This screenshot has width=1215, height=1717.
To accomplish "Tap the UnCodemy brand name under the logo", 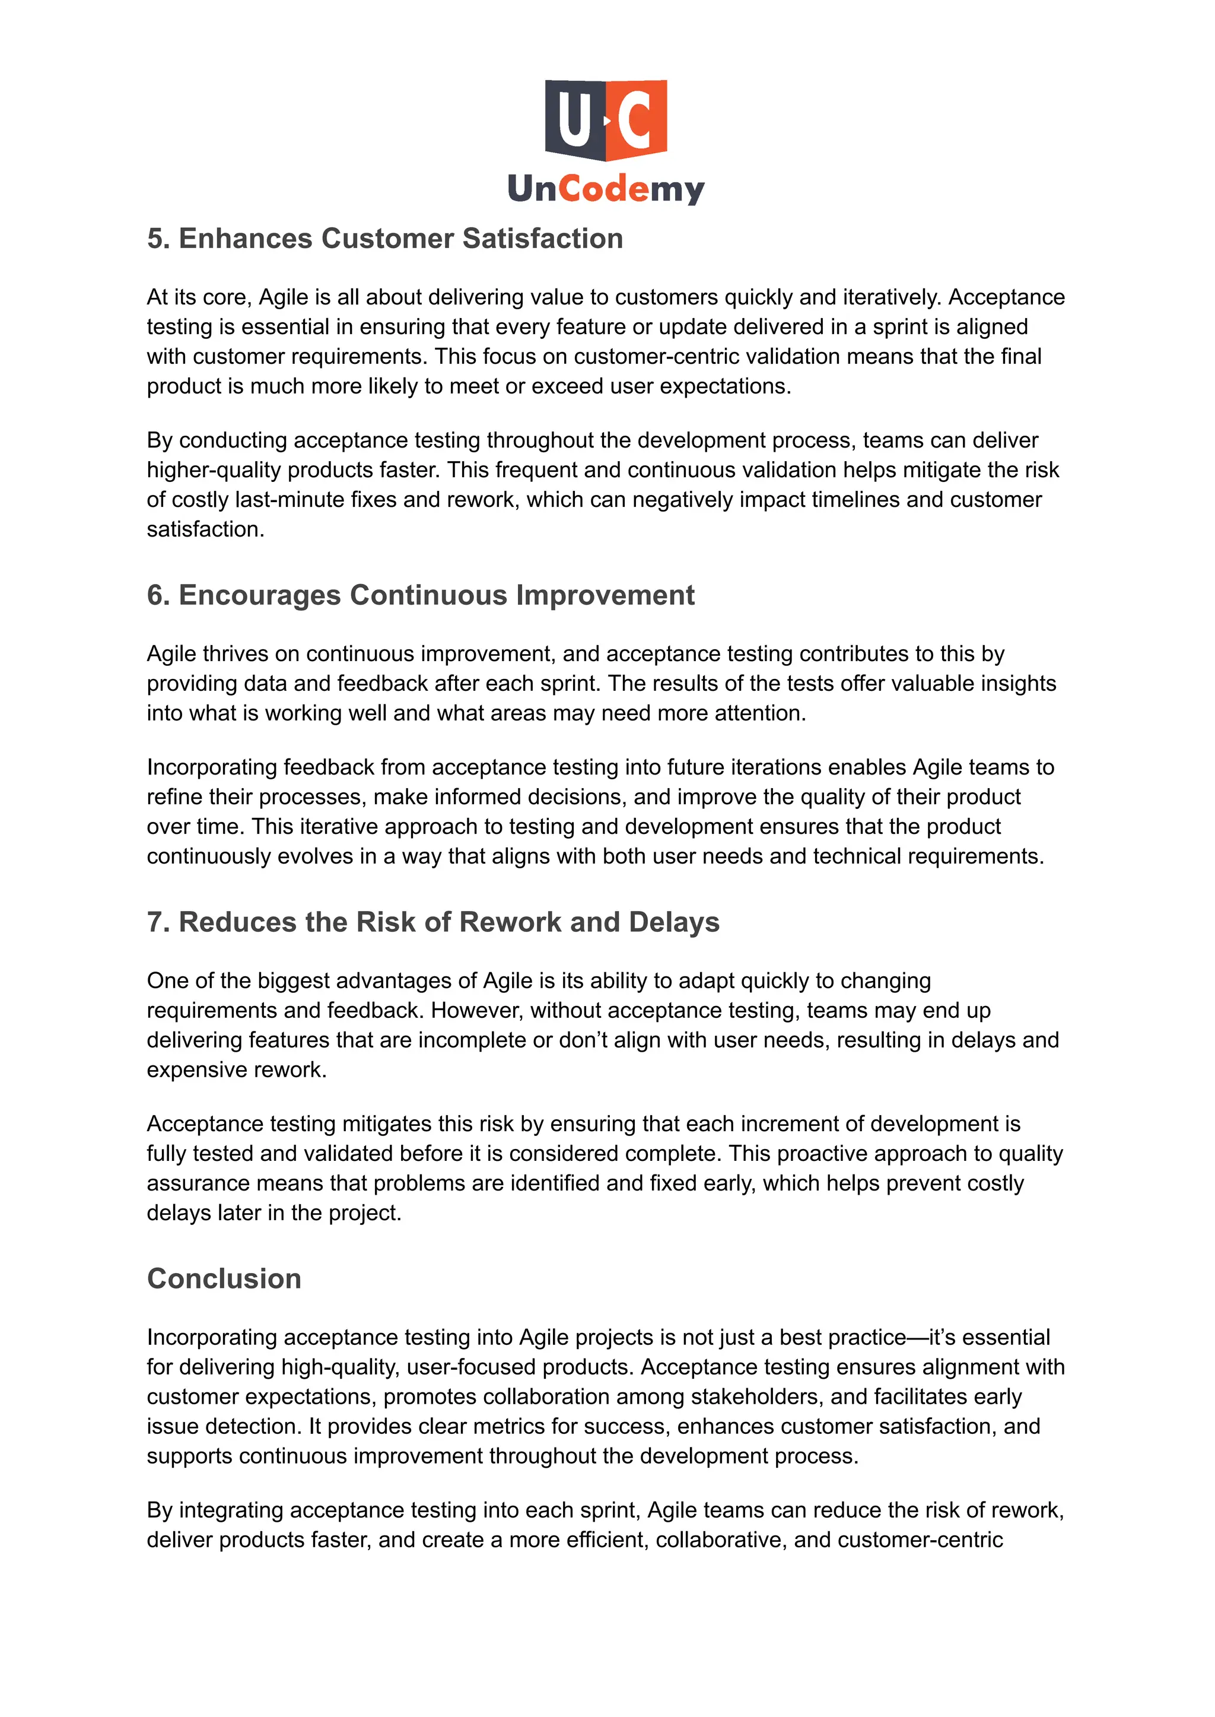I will point(606,188).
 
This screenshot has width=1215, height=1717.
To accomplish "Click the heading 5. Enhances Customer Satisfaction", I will point(384,238).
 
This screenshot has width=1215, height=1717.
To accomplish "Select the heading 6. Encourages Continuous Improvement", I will point(421,595).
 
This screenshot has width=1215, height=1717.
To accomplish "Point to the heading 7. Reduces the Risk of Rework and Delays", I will point(433,922).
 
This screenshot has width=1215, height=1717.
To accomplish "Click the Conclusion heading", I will point(224,1278).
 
